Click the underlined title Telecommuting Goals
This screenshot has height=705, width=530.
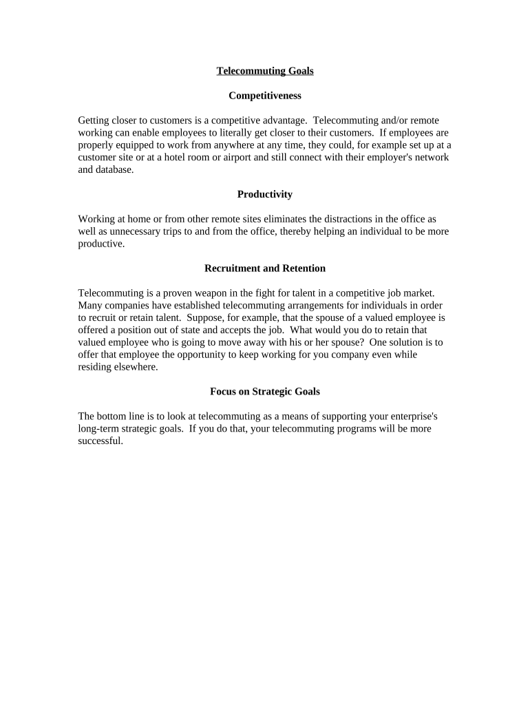265,71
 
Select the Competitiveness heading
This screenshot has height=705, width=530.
265,96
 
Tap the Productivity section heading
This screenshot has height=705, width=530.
265,194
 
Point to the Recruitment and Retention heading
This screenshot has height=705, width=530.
265,268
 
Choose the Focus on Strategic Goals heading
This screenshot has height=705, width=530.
265,392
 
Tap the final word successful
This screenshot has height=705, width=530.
100,441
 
